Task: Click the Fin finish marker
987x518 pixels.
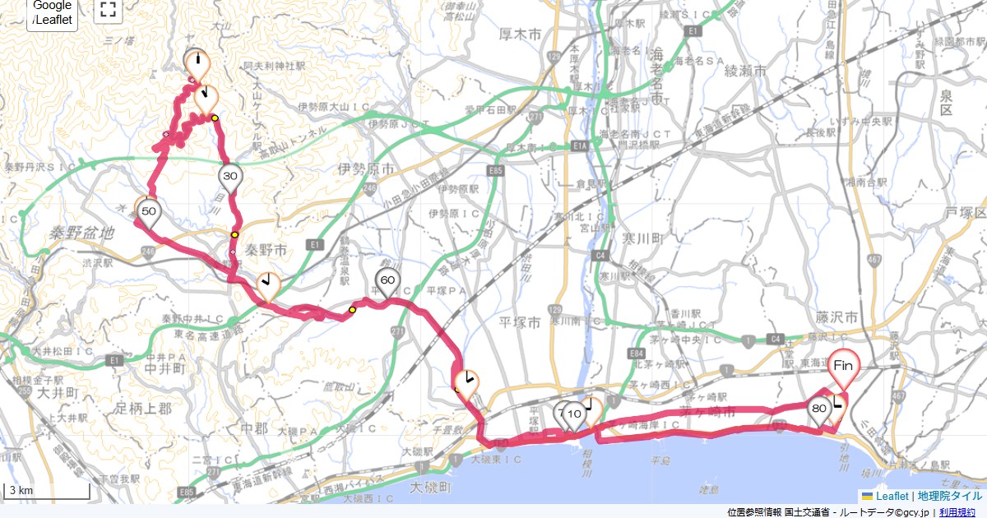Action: [842, 364]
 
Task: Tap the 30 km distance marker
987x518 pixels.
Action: [230, 176]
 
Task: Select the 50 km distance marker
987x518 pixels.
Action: [149, 211]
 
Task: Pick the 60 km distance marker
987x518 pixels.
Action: [387, 280]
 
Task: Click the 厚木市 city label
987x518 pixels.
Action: [520, 35]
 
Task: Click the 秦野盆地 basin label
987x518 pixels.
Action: [80, 233]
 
